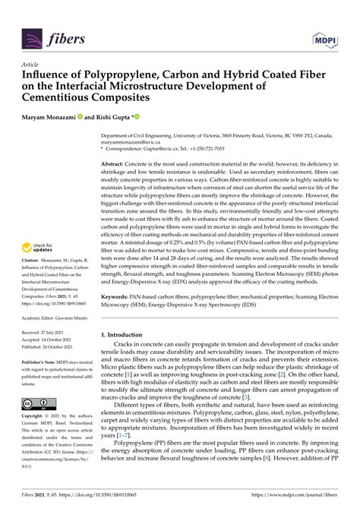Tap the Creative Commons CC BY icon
click(36, 403)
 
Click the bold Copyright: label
click(35, 417)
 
